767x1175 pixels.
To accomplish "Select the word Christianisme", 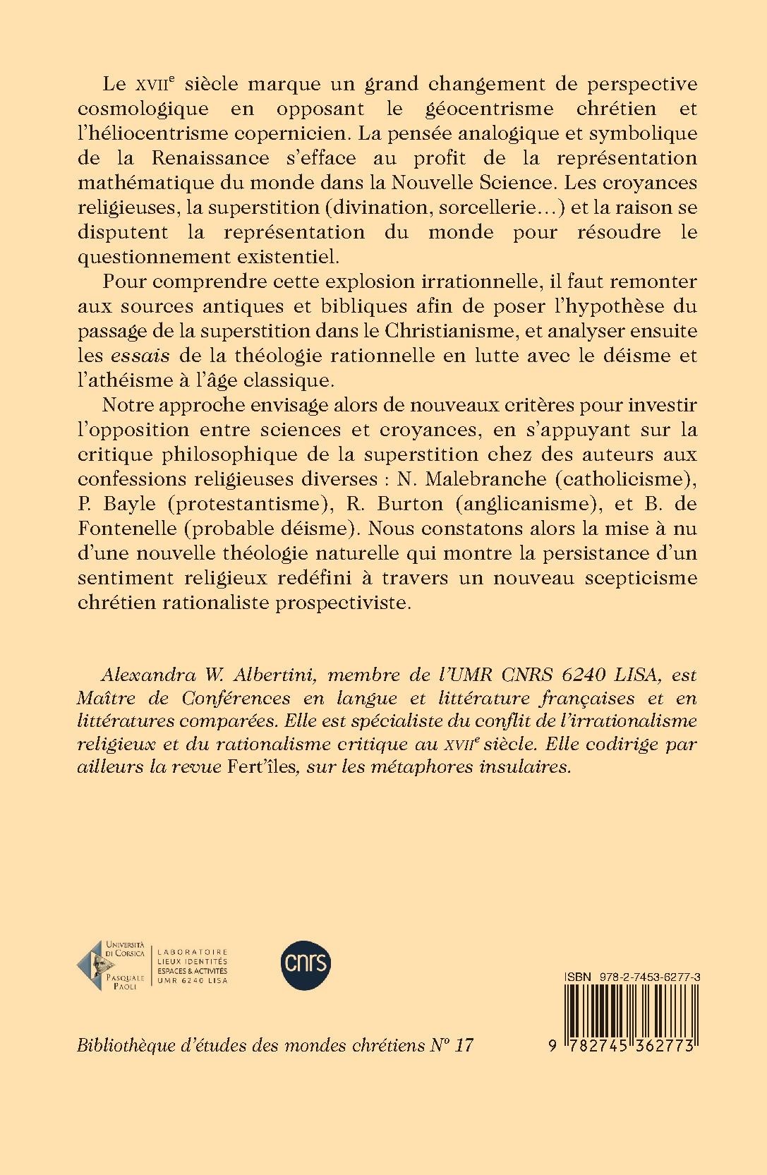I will click(x=455, y=330).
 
